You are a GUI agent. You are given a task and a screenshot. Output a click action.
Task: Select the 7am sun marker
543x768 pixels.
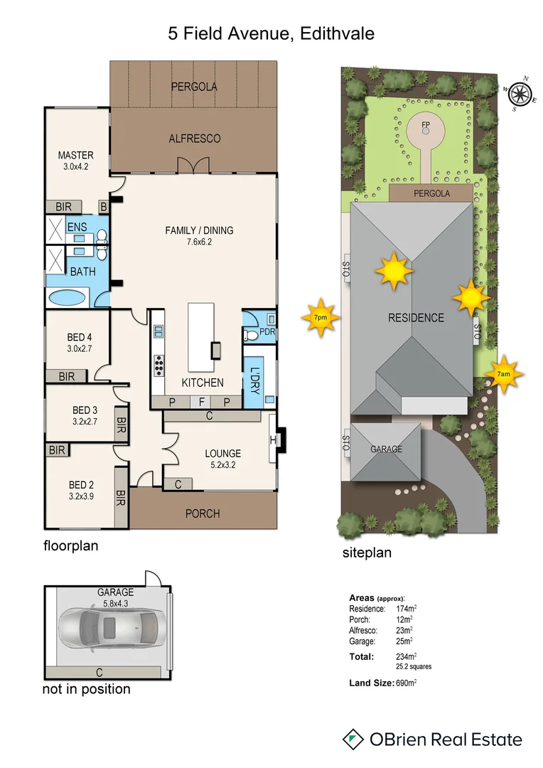pyautogui.click(x=502, y=373)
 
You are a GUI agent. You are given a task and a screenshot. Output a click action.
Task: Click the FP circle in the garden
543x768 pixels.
pyautogui.click(x=426, y=128)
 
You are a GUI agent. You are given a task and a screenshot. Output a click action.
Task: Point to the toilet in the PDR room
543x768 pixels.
pyautogui.click(x=249, y=333)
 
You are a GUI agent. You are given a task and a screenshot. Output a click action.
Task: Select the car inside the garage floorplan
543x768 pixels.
pyautogui.click(x=111, y=627)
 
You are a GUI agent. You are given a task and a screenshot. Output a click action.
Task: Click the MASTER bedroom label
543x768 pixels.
pyautogui.click(x=75, y=156)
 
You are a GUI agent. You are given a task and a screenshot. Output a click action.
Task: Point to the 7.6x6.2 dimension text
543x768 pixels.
pyautogui.click(x=199, y=242)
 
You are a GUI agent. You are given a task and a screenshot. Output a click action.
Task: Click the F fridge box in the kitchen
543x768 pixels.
pyautogui.click(x=202, y=402)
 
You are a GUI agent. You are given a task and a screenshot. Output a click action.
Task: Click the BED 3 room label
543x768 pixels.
pyautogui.click(x=85, y=410)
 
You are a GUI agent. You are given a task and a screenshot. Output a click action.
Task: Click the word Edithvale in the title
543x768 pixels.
pyautogui.click(x=334, y=33)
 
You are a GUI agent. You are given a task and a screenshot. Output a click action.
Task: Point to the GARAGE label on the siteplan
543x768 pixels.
pyautogui.click(x=386, y=449)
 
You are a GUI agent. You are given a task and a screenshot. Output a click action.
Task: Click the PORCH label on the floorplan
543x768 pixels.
pyautogui.click(x=203, y=513)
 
